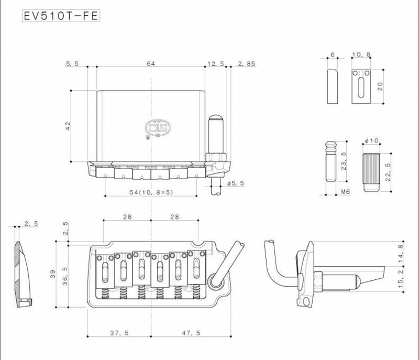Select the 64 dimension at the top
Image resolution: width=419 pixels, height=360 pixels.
point(151,63)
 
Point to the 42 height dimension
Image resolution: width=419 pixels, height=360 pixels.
point(67,126)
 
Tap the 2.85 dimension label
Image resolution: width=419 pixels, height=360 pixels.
point(246,63)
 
